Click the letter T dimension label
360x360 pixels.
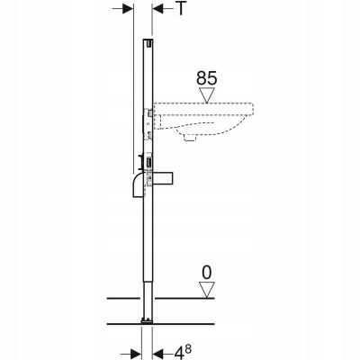coord(182,9)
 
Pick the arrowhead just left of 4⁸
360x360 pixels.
coord(158,350)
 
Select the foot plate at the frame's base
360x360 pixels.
coord(147,320)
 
